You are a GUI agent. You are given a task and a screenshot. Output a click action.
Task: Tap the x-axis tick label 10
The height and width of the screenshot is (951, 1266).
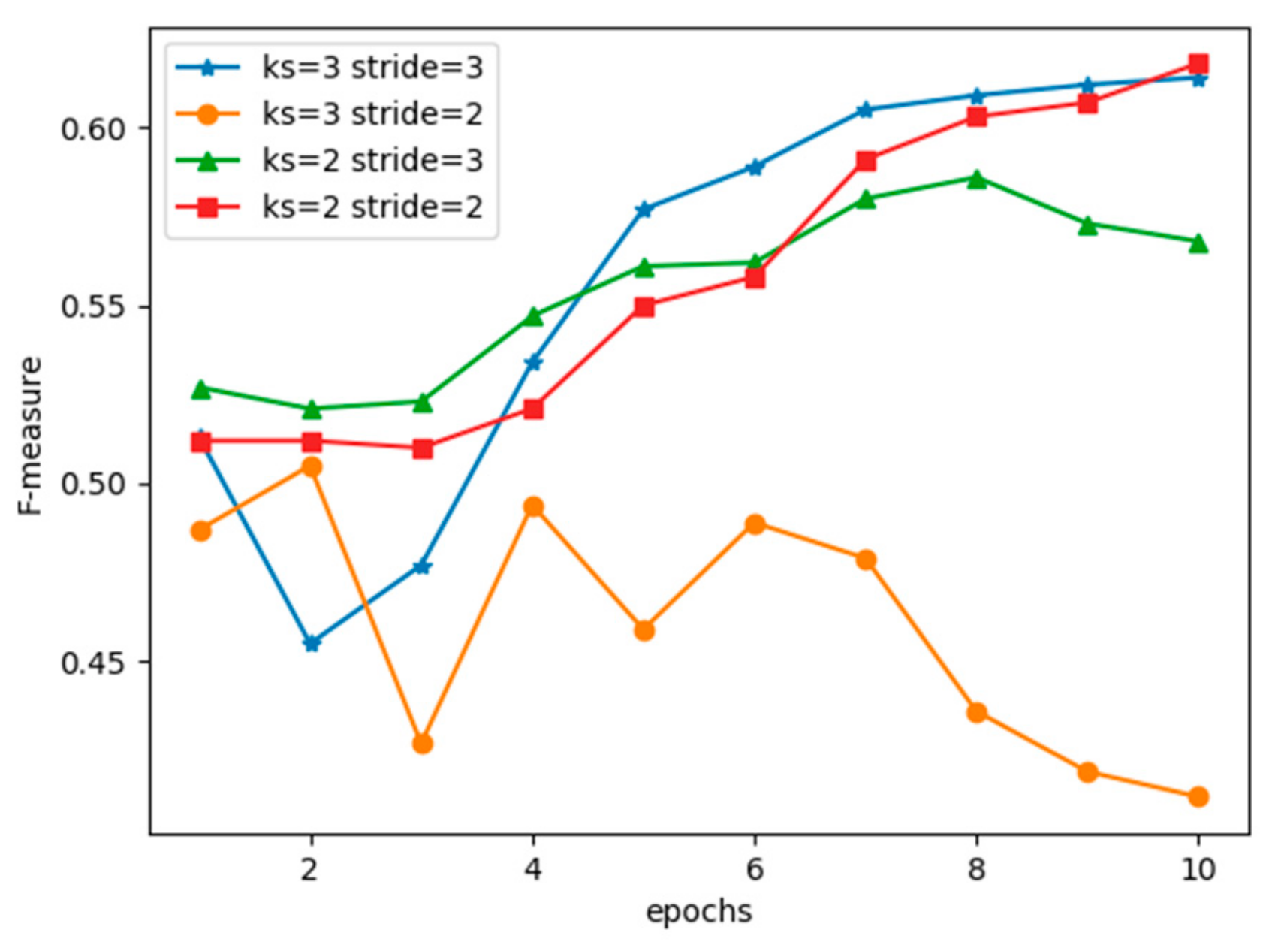click(1198, 869)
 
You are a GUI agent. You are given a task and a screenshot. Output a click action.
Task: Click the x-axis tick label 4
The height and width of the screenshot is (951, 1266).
click(533, 869)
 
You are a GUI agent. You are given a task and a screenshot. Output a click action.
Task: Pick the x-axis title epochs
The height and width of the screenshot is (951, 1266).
click(698, 912)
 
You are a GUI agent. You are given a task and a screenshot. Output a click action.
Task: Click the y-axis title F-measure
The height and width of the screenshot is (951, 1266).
click(30, 436)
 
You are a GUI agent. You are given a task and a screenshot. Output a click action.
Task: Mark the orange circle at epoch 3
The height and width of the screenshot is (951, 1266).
click(423, 744)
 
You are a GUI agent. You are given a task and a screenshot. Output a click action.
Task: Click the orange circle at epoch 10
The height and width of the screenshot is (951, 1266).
click(1198, 796)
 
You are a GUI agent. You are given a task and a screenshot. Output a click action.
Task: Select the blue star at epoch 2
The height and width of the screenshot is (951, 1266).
click(312, 643)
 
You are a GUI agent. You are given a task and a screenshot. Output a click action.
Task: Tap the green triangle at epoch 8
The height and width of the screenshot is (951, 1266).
click(976, 179)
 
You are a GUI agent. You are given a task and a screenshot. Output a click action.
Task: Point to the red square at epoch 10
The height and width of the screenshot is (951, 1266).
click(1198, 63)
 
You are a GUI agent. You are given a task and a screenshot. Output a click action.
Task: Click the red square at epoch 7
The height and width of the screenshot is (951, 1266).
click(866, 161)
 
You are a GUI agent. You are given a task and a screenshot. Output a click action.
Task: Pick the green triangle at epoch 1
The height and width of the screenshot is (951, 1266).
click(200, 389)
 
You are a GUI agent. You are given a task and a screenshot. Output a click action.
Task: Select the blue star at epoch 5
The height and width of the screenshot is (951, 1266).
click(644, 209)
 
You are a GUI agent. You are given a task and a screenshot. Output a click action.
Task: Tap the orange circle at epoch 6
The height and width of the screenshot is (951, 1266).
click(755, 524)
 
